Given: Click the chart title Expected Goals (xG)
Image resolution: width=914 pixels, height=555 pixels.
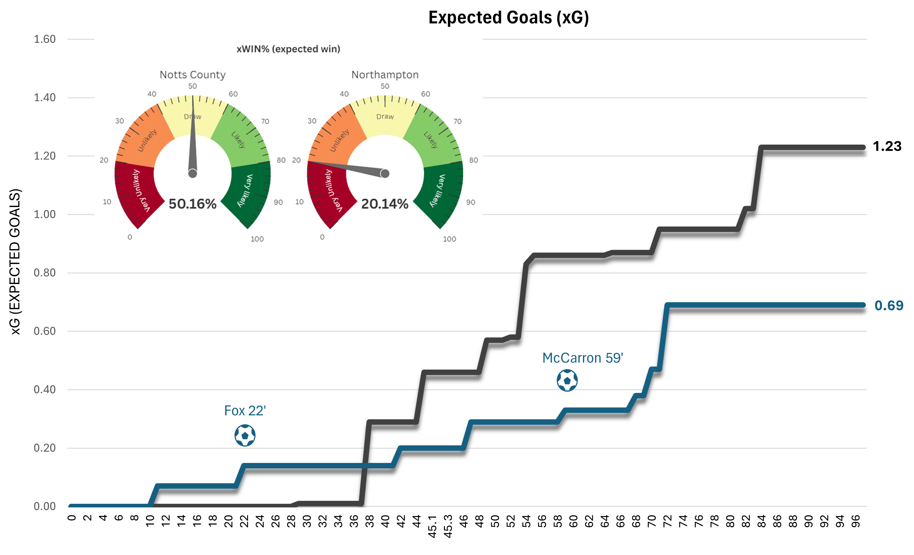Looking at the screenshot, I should pyautogui.click(x=508, y=18).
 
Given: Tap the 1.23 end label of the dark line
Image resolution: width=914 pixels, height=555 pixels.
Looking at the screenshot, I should pyautogui.click(x=887, y=146).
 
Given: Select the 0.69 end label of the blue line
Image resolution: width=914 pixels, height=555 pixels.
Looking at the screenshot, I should pyautogui.click(x=889, y=306).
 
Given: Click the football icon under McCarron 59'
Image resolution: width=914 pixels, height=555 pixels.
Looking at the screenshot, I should pyautogui.click(x=567, y=380).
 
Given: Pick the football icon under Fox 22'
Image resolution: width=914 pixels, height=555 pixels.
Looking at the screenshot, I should pyautogui.click(x=245, y=435).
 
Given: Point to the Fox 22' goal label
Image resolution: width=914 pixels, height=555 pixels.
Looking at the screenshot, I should pyautogui.click(x=245, y=411).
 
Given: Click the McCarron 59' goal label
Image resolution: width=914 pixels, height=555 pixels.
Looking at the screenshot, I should pyautogui.click(x=582, y=358).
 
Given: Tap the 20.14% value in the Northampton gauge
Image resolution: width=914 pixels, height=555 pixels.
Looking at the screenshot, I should pyautogui.click(x=385, y=204).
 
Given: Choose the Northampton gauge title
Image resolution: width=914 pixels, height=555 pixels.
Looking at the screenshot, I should pyautogui.click(x=385, y=75).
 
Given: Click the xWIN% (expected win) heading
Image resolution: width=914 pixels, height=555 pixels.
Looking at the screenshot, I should pyautogui.click(x=288, y=49).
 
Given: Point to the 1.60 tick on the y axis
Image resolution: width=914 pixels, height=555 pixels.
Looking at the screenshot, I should pyautogui.click(x=45, y=39).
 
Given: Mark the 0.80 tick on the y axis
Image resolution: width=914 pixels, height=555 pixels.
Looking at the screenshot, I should pyautogui.click(x=45, y=273).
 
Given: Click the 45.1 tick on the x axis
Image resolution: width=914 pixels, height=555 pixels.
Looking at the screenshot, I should pyautogui.click(x=432, y=527).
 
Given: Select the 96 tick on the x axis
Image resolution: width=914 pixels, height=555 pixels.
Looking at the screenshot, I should pyautogui.click(x=855, y=521).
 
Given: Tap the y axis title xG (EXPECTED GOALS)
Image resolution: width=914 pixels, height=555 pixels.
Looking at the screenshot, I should pyautogui.click(x=15, y=262).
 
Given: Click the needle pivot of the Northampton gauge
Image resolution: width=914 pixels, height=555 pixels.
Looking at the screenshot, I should pyautogui.click(x=385, y=173).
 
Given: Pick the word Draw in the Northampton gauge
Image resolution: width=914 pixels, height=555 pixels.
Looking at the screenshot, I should pyautogui.click(x=385, y=117).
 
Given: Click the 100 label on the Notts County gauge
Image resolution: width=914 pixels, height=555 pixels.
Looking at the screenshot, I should pyautogui.click(x=257, y=239).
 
